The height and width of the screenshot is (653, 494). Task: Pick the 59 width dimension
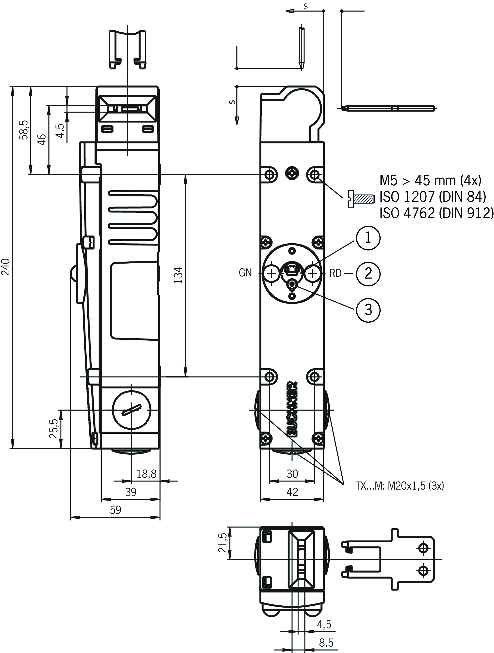[115, 510]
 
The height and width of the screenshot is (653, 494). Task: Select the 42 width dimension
[292, 492]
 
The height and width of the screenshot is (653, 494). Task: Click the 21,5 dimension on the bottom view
[222, 542]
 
